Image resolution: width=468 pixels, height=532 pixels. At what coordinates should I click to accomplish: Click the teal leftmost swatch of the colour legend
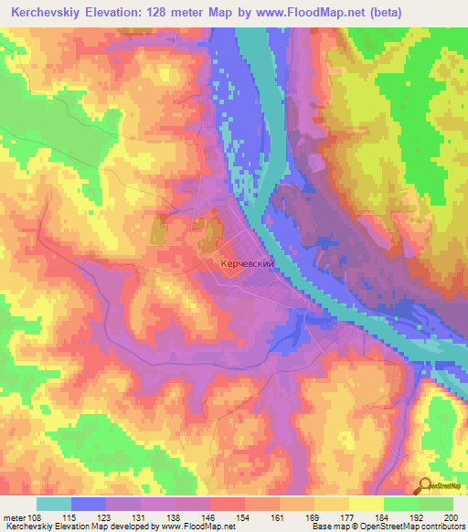[x=54, y=504]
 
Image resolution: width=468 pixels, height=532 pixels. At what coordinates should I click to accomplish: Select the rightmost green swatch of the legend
[x=436, y=504]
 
